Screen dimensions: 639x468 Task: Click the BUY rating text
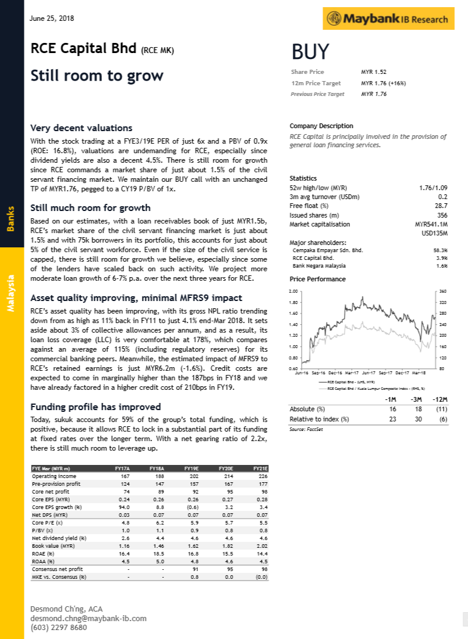(310, 52)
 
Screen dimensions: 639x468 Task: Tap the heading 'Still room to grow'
(97, 76)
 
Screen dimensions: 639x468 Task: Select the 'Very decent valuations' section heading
(81, 128)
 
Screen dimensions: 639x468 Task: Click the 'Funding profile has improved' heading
(95, 407)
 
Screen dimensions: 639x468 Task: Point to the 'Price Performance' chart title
(317, 279)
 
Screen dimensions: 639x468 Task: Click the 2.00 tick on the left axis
(293, 291)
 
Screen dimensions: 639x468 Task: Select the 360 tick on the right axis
(442, 291)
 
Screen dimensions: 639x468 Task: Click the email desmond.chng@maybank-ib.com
(88, 618)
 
